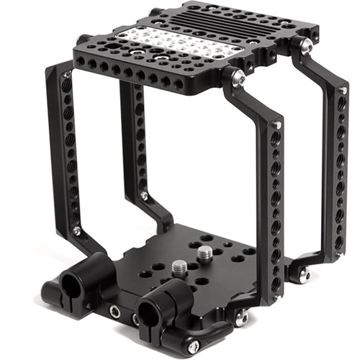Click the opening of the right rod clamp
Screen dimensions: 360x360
point(150,312)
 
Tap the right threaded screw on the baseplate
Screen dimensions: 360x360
point(205,253)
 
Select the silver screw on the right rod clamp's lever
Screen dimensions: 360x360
point(193,346)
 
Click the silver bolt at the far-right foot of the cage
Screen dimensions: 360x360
point(305,274)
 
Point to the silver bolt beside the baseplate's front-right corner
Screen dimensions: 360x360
point(242,318)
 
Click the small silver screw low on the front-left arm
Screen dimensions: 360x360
point(77,230)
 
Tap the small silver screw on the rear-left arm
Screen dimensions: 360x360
point(144,196)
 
